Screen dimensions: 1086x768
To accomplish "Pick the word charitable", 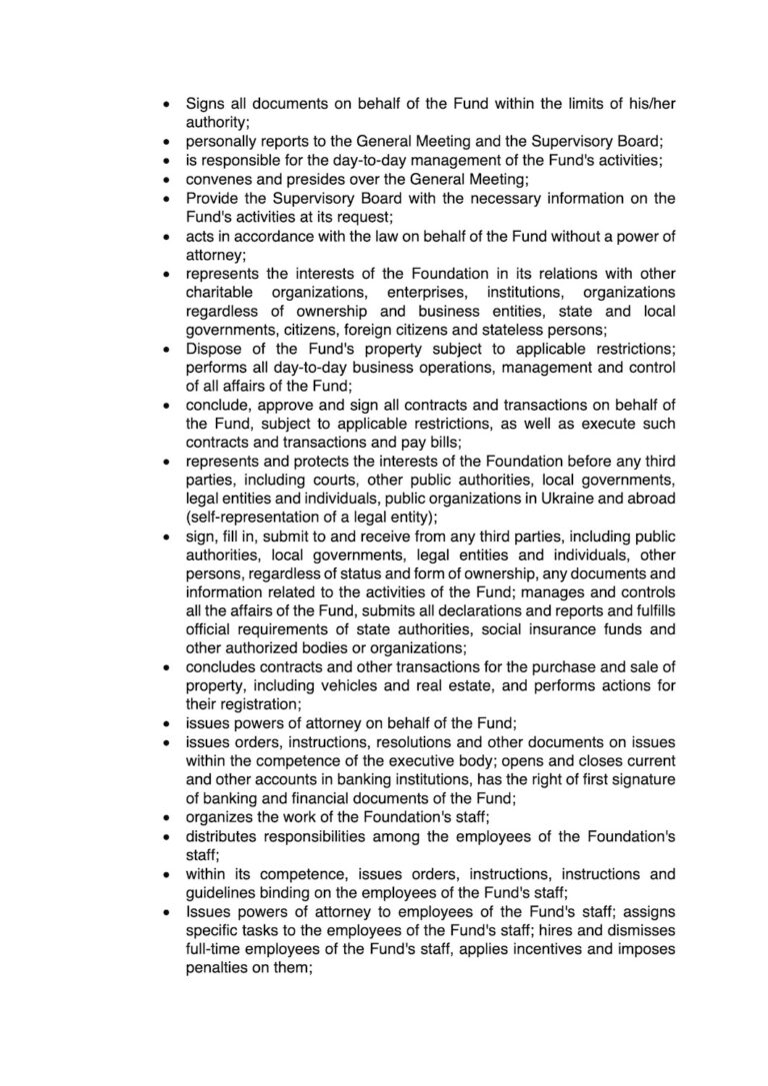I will click(x=221, y=292).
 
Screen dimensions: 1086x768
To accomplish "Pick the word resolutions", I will click(x=387, y=743).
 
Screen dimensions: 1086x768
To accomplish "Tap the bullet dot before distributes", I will click(x=166, y=838).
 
